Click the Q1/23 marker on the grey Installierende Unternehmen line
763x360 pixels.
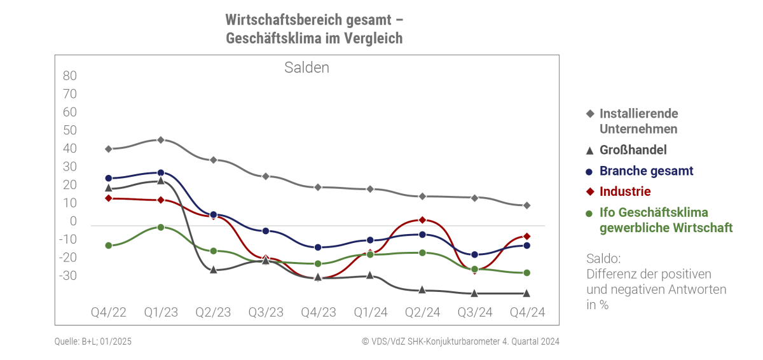[x=161, y=140]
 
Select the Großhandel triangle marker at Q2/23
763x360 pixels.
[x=214, y=270]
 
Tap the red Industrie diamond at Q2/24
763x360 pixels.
[x=422, y=220]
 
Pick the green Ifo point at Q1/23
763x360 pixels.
[x=161, y=227]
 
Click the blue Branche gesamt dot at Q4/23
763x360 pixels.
[x=318, y=247]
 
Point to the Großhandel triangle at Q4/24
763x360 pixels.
[x=526, y=293]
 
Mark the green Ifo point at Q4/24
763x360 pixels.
[x=526, y=273]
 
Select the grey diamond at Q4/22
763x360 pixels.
[x=109, y=149]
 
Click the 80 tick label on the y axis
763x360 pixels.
[x=69, y=76]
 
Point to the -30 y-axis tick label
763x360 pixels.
[x=67, y=276]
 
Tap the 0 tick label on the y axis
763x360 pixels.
[x=73, y=221]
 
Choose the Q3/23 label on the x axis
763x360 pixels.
[x=266, y=312]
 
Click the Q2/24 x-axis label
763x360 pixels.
[x=422, y=312]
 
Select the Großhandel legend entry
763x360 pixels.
[x=633, y=150]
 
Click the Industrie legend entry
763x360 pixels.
[x=624, y=191]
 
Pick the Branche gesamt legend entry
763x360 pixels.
[x=646, y=171]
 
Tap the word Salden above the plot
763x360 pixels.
[x=306, y=67]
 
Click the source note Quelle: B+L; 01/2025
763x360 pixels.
[x=93, y=342]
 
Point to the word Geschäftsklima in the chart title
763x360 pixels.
[x=264, y=38]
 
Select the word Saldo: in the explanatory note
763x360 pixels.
[x=603, y=259]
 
